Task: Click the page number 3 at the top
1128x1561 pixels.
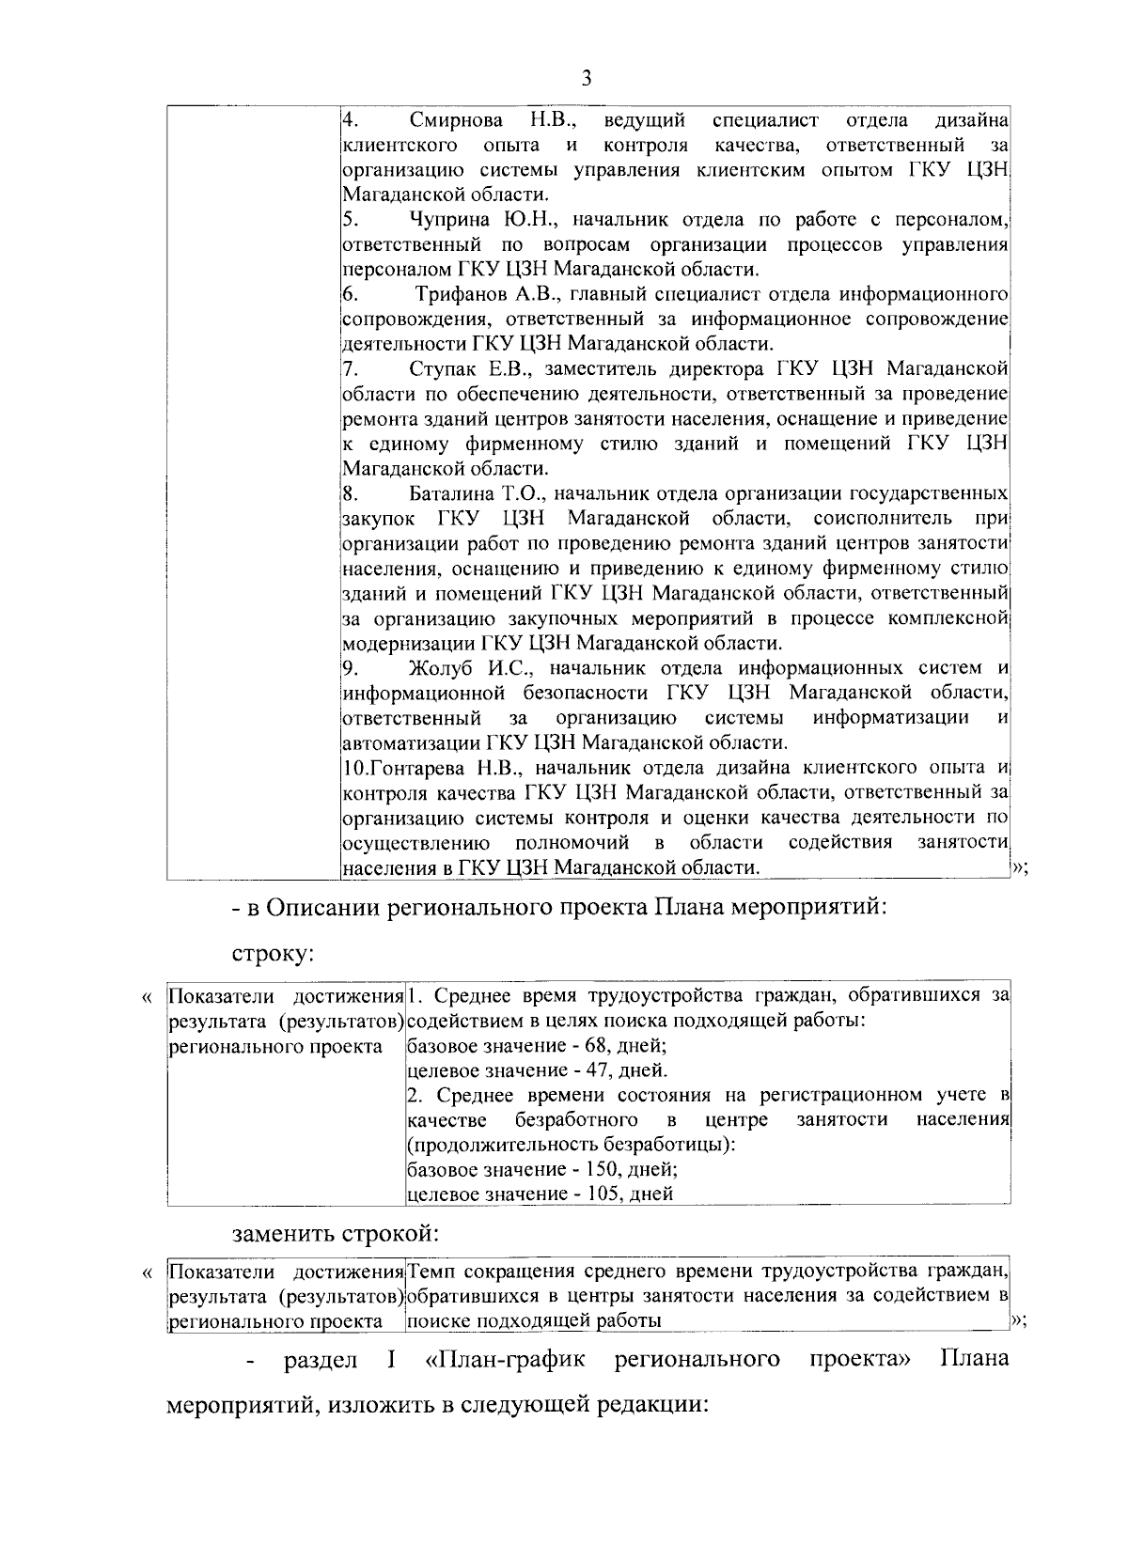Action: coord(587,78)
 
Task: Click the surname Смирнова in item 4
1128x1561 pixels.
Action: coord(456,120)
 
